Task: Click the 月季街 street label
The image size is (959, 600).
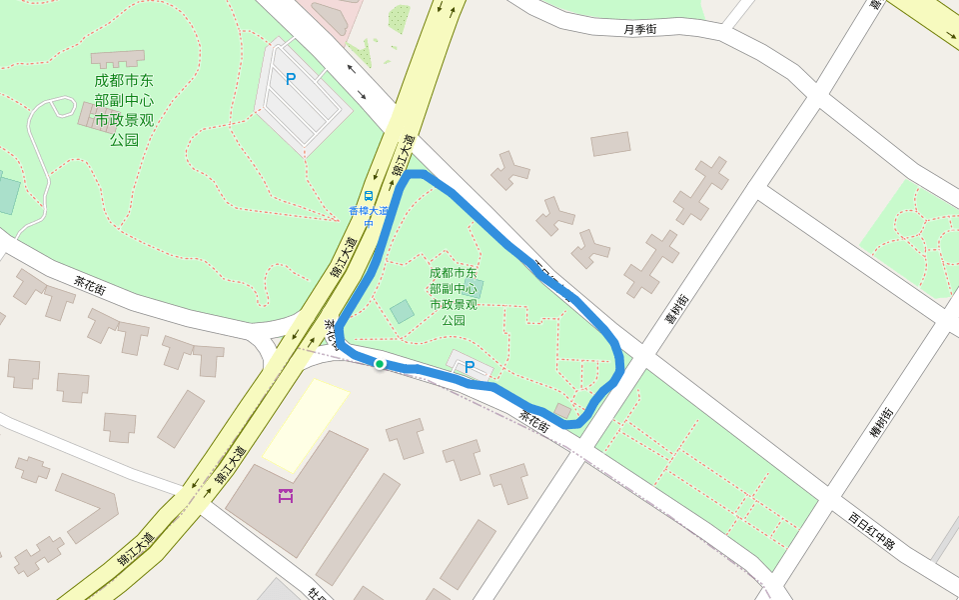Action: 639,29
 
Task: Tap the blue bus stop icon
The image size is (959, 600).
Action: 369,196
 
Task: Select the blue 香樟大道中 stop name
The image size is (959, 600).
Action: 368,216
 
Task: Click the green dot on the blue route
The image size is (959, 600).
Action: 380,364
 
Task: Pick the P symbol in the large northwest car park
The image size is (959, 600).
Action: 291,79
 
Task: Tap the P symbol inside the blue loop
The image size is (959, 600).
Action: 469,367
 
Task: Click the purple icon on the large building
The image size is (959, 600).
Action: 286,495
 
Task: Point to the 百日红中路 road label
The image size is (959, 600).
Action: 872,530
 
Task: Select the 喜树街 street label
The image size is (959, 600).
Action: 677,309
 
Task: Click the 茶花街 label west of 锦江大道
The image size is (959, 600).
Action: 90,285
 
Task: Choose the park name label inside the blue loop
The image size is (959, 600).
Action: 453,296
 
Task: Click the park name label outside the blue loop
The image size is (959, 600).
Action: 124,109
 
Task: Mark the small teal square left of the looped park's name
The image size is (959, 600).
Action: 402,311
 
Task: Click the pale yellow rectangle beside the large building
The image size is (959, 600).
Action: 305,426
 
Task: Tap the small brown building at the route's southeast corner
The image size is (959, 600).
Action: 562,410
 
